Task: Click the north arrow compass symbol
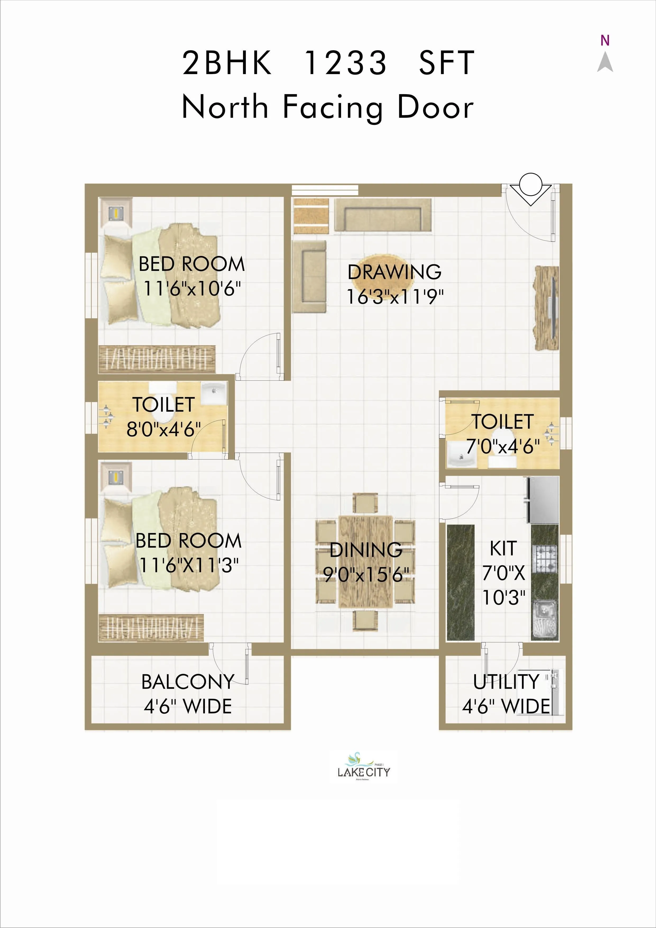[605, 63]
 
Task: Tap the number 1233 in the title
[345, 63]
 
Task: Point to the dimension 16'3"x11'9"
[395, 297]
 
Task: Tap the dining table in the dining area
[366, 562]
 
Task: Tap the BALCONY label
[188, 682]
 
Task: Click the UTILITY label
[506, 682]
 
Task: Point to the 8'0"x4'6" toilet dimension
[164, 429]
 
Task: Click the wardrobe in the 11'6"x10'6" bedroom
[157, 359]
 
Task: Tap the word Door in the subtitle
[435, 107]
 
